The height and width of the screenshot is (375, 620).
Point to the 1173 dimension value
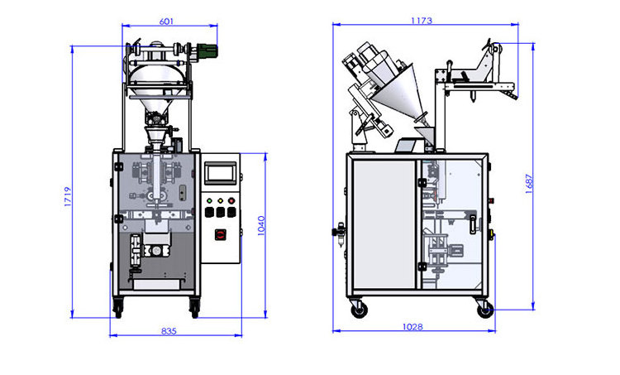(428, 20)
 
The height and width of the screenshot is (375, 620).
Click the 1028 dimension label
(413, 327)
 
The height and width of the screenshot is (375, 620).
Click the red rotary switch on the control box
(221, 234)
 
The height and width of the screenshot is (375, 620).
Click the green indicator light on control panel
(210, 200)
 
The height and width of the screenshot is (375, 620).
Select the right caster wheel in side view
(484, 309)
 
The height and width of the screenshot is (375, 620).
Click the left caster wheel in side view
(360, 309)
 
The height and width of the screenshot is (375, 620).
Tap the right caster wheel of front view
(195, 309)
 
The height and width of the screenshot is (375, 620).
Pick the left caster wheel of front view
(118, 309)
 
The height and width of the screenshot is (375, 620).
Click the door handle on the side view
(473, 224)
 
